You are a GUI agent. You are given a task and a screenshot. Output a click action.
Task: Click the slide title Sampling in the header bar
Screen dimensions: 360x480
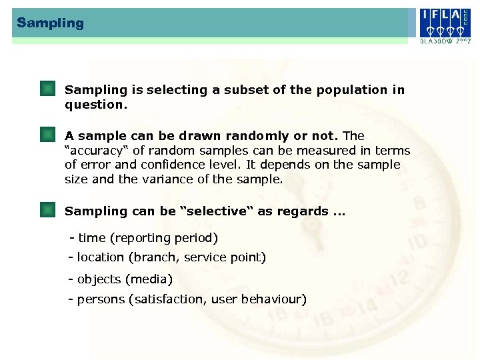tap(51, 23)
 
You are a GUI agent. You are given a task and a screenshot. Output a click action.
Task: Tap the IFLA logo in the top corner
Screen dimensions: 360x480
tap(445, 23)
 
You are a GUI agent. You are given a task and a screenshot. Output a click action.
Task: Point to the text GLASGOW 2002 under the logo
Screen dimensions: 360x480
tap(445, 41)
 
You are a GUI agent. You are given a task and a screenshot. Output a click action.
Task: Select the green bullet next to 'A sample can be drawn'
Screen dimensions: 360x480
tap(47, 136)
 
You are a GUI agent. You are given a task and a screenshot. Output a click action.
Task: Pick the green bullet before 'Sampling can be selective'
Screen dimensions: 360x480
tap(47, 211)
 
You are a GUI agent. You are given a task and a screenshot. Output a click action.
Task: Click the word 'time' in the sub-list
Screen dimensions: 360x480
tap(92, 238)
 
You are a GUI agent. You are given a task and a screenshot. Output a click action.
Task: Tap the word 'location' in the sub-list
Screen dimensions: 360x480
tap(101, 257)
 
